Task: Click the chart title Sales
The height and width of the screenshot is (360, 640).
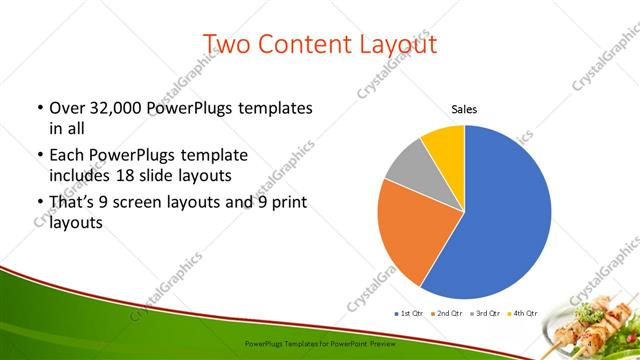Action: coord(464,109)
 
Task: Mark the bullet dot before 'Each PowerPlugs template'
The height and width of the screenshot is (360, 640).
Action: coord(39,156)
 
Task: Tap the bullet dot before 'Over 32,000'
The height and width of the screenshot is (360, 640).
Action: coord(39,108)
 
